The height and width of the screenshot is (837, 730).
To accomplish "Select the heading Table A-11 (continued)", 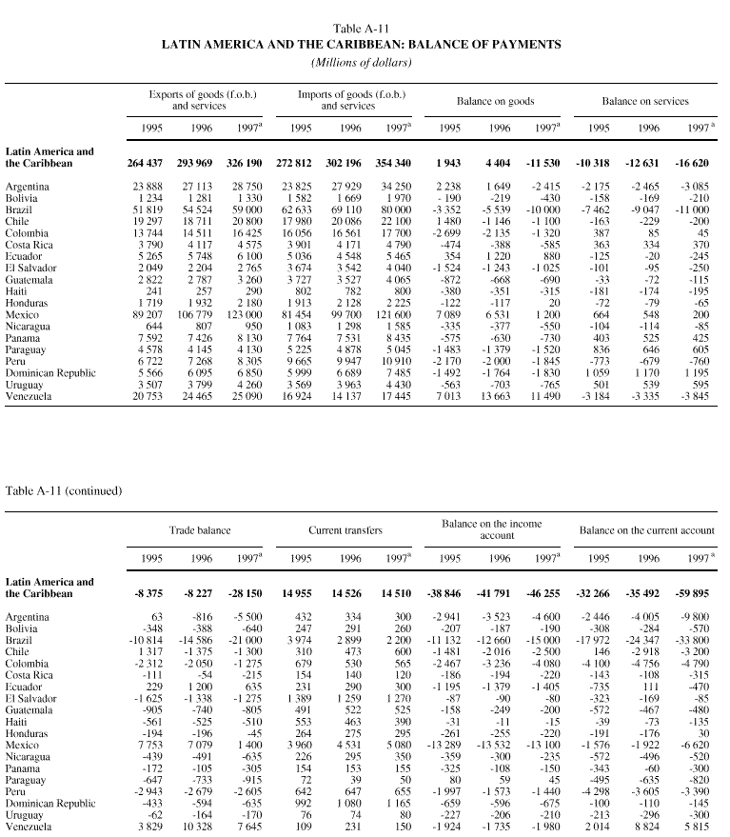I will point(64,491).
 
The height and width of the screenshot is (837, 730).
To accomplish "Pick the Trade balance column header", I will point(196,528).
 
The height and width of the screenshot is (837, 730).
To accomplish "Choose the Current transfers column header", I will point(346,528).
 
